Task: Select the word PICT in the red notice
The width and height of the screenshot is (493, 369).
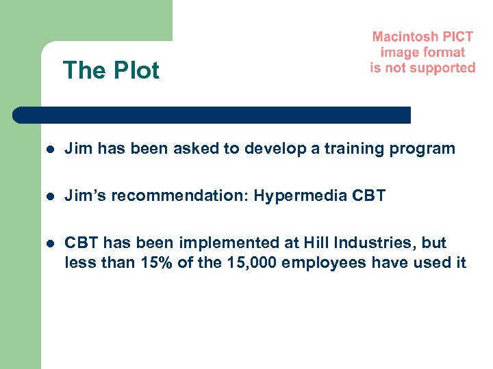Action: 456,37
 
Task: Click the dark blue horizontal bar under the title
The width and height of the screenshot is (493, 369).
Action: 212,115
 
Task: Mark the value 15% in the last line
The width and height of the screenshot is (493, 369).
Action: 157,262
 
